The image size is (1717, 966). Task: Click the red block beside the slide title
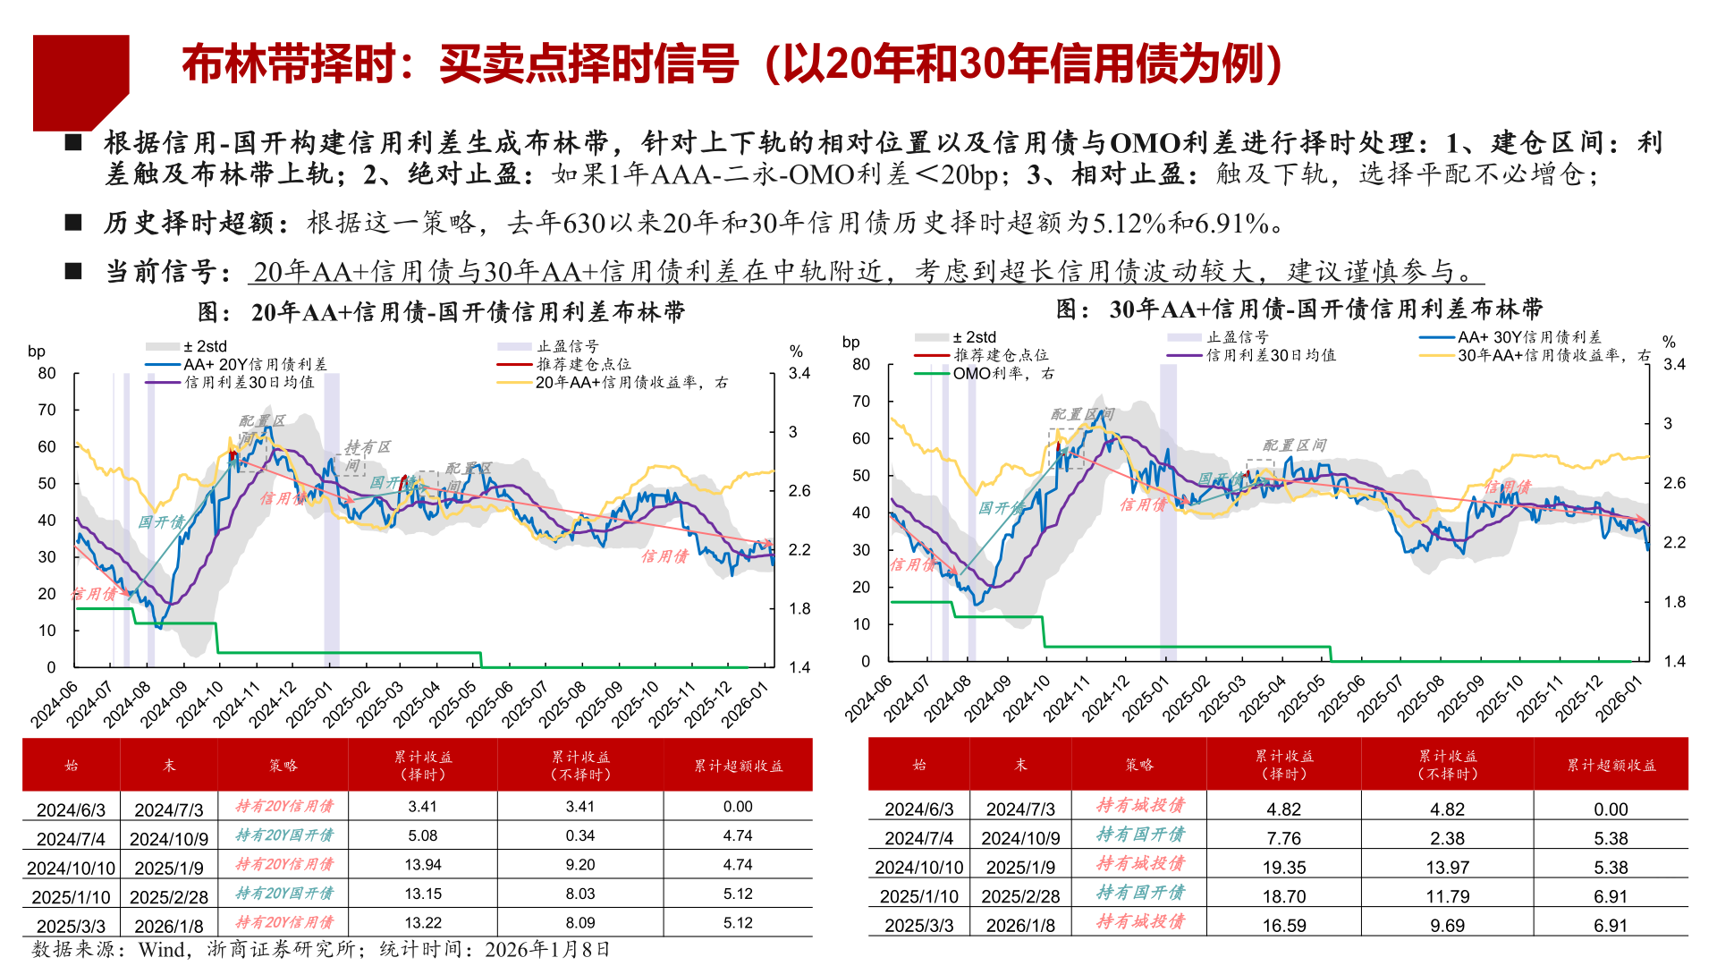(79, 80)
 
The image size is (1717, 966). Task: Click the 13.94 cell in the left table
(423, 865)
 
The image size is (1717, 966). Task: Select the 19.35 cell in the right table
(1284, 868)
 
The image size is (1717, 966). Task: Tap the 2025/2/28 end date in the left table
(169, 897)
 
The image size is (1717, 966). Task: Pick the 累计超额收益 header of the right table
(1611, 766)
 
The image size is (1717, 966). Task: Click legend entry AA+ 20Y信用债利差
(255, 365)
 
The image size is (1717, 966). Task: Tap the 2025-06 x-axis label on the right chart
(1341, 699)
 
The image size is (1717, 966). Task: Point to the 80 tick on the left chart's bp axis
(47, 374)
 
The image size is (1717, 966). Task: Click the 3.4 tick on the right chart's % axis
(1674, 365)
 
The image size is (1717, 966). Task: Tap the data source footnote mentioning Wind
(321, 950)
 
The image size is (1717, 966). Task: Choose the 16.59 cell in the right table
(1284, 926)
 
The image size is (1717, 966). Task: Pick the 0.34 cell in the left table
(580, 836)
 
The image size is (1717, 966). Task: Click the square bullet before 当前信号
(74, 271)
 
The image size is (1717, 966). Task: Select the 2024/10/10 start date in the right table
(918, 868)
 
